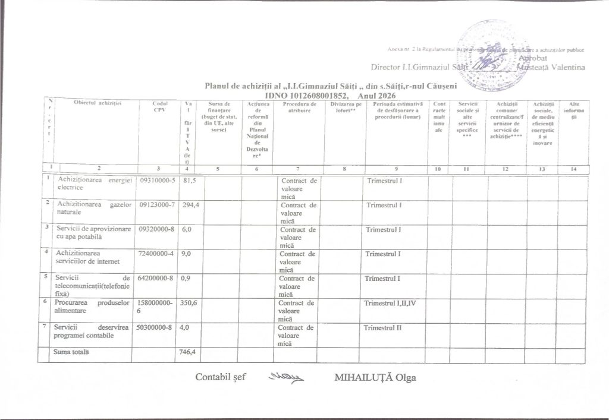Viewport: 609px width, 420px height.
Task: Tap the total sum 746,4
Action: tap(189, 352)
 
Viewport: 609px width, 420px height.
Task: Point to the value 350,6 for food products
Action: tap(190, 303)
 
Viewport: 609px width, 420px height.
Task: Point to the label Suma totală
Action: tap(71, 352)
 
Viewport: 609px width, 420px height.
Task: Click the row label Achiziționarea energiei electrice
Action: tap(90, 183)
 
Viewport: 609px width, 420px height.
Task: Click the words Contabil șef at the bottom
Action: tap(221, 378)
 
